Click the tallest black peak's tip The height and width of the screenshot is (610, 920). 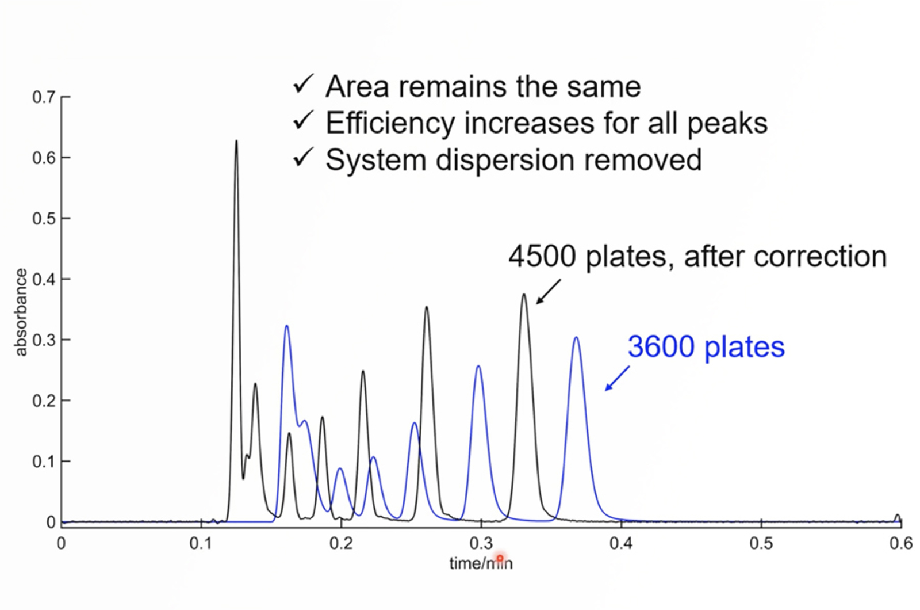(x=236, y=142)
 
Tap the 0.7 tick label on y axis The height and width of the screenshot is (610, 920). (x=44, y=97)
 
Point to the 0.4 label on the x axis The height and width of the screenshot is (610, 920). (x=621, y=544)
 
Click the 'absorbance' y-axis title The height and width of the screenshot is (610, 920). (x=21, y=312)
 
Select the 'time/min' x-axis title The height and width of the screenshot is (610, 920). (x=481, y=563)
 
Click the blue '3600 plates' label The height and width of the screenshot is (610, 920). (x=706, y=347)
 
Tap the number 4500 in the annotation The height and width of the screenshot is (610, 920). (x=542, y=257)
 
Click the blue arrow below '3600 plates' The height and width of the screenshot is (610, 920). (x=616, y=379)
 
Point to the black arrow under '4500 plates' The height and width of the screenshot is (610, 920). (x=548, y=291)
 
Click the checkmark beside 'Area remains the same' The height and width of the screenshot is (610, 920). (x=303, y=85)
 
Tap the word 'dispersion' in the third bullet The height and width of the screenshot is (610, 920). (x=504, y=160)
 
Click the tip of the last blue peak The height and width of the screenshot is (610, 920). (x=576, y=338)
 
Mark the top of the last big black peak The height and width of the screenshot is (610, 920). (x=524, y=295)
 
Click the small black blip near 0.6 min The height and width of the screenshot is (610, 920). (x=897, y=516)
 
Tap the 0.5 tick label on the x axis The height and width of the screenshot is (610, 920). (x=761, y=544)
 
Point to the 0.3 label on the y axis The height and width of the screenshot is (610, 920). (x=44, y=340)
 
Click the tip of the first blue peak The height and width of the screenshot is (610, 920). (x=286, y=326)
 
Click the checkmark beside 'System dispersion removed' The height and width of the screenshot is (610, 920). (x=303, y=158)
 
